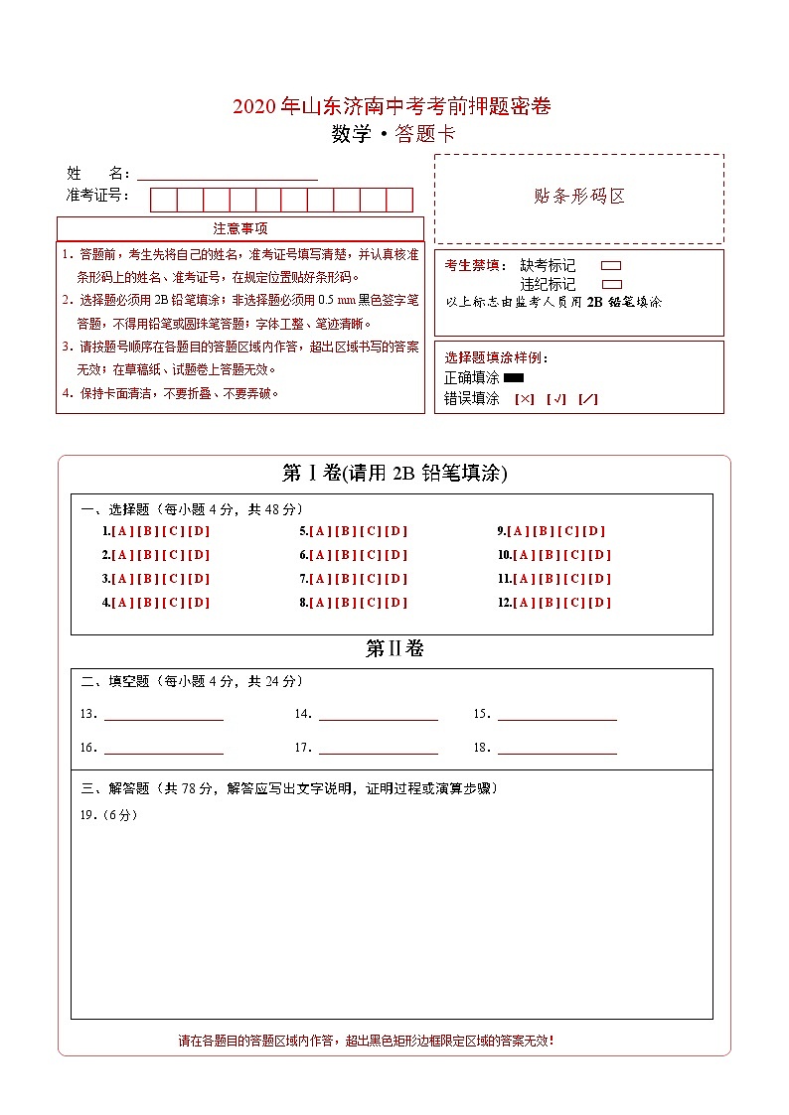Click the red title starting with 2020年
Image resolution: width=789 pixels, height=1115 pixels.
392,106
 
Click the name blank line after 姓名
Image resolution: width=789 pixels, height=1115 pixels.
228,175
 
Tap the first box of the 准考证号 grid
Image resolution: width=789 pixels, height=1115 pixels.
163,200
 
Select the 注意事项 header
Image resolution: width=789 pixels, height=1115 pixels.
240,229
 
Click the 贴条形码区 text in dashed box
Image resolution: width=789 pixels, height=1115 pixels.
579,197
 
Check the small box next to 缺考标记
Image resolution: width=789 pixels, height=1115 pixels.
611,266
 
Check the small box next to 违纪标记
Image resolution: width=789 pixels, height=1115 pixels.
611,284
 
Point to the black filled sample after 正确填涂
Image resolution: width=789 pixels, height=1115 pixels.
514,378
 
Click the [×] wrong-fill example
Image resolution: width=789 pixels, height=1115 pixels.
525,399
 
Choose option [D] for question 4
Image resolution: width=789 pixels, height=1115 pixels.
199,603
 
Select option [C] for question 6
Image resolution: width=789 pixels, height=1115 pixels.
371,555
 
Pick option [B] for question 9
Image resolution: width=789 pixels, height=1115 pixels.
545,531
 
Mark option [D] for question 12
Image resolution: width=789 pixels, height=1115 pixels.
600,603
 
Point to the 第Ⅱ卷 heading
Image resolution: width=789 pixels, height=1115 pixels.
394,649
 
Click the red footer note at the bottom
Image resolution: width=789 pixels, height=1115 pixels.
366,1041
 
